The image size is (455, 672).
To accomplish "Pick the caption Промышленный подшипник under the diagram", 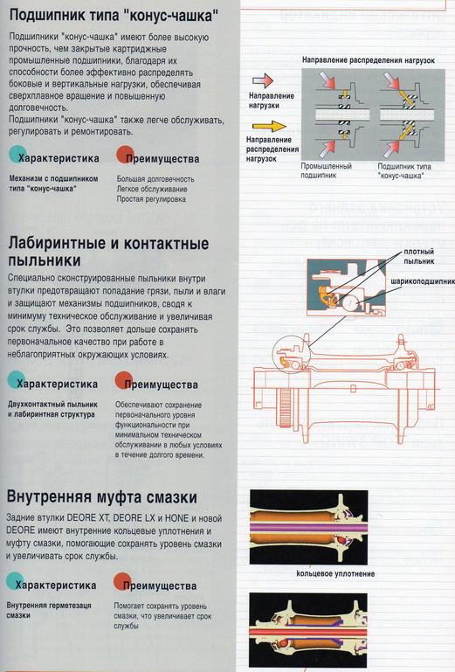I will click(x=326, y=170).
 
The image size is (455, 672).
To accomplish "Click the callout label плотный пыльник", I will click(x=419, y=256).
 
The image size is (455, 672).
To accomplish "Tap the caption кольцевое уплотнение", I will click(x=342, y=573).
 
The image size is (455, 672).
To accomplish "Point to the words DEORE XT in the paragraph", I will click(x=122, y=520).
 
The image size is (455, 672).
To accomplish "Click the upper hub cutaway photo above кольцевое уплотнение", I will click(x=343, y=527).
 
